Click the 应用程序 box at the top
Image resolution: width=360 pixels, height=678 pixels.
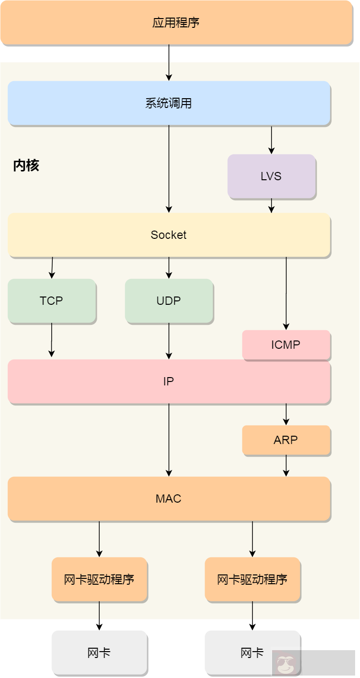click(176, 22)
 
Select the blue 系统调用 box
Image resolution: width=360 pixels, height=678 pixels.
click(169, 103)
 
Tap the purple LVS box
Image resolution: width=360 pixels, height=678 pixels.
click(271, 176)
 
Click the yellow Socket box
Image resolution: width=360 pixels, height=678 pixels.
click(169, 235)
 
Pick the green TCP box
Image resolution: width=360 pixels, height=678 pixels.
click(51, 301)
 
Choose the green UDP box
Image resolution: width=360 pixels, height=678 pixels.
click(169, 301)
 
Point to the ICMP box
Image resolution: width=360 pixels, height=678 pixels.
click(286, 345)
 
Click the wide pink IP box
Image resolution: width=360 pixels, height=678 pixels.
click(169, 381)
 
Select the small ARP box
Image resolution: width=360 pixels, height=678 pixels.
click(286, 440)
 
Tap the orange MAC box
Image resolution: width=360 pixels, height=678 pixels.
click(169, 499)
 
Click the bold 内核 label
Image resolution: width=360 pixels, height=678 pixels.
click(26, 166)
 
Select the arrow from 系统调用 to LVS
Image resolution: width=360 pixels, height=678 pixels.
click(272, 140)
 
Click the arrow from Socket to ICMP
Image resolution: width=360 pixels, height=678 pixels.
click(286, 293)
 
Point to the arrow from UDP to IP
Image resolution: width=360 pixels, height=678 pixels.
click(169, 341)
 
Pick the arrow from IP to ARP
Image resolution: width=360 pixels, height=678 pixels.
click(286, 414)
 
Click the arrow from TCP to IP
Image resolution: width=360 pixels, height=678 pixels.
click(51, 340)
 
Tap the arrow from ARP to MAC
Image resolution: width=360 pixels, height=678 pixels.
click(286, 466)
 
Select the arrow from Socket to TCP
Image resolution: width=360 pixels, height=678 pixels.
click(52, 268)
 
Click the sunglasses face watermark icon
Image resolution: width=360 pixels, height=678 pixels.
click(283, 664)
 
